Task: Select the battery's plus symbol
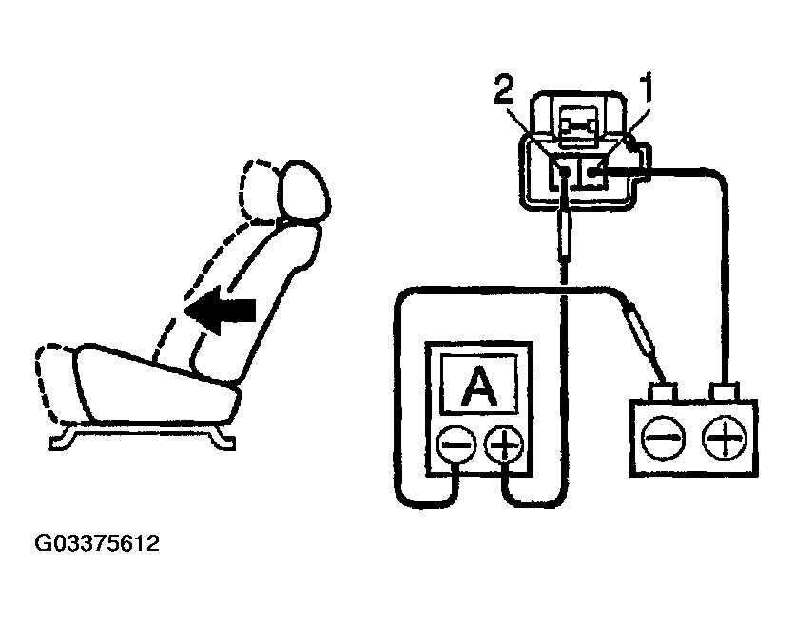pos(725,439)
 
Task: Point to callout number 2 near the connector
pos(504,92)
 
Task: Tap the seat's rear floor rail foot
pos(224,438)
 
